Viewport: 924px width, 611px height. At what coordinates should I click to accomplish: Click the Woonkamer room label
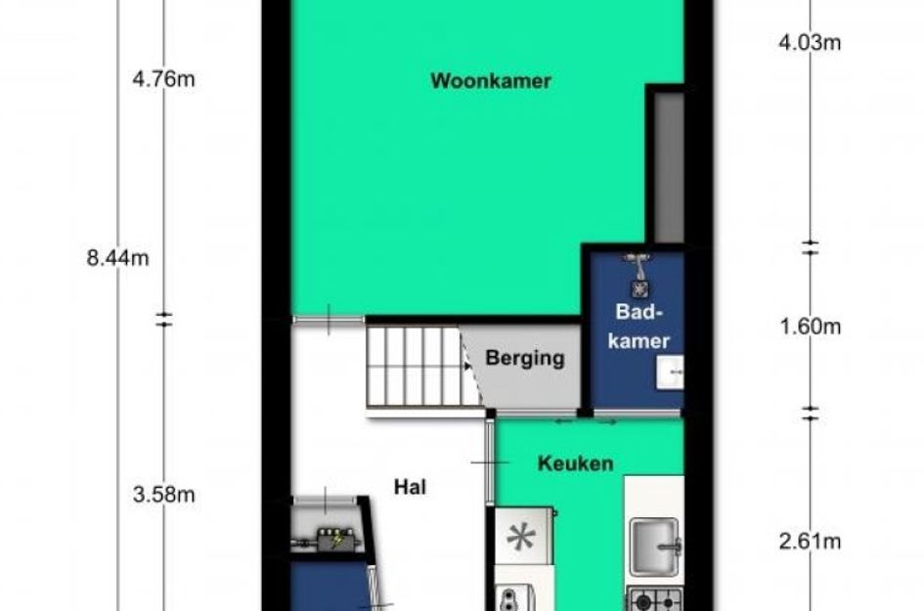(491, 82)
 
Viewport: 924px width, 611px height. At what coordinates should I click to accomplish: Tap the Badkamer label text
(641, 327)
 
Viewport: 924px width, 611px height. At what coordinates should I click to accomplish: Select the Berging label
(525, 358)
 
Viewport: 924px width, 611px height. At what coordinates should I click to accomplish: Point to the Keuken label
(576, 463)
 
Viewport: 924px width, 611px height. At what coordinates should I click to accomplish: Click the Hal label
(412, 486)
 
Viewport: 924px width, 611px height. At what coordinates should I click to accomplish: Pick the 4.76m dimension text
(163, 80)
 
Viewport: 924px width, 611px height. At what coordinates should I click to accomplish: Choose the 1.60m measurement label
(811, 327)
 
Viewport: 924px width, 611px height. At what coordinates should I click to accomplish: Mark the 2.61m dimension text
(811, 541)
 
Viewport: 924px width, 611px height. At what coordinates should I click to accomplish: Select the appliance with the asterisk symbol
(522, 537)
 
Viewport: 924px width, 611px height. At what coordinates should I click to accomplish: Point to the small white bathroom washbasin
(672, 370)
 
